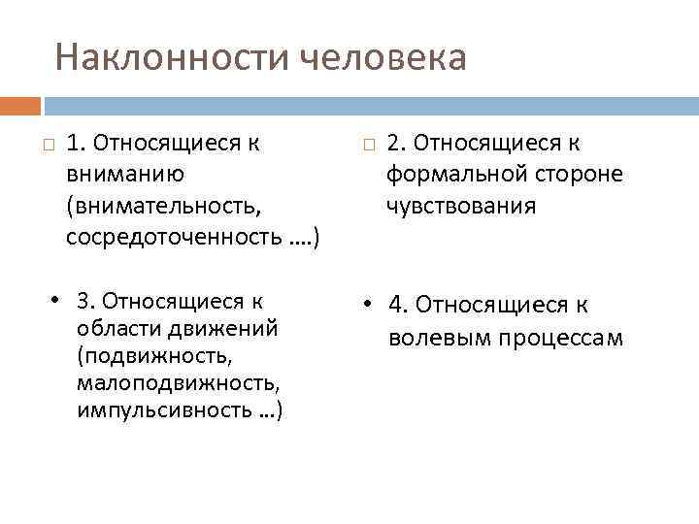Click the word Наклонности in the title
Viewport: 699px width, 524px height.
171,58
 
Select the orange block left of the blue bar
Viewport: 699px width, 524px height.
20,105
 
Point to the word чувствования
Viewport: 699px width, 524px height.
460,207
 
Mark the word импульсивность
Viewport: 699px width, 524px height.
170,412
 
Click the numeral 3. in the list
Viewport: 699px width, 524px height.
85,300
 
